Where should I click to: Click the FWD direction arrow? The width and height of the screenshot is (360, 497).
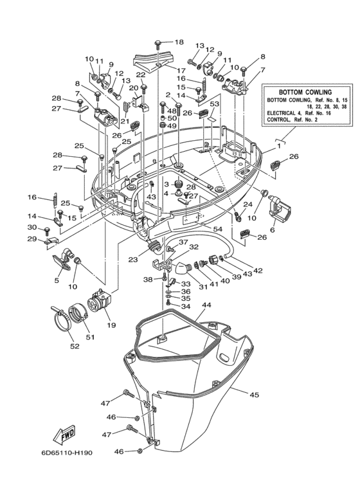click(x=64, y=437)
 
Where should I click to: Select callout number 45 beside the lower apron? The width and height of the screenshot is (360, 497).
click(x=255, y=394)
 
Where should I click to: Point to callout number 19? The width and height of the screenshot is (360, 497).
click(x=112, y=326)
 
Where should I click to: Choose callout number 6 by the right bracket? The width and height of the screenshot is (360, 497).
click(x=273, y=230)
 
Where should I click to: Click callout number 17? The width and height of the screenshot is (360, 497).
click(x=181, y=70)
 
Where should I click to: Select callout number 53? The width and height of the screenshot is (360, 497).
click(x=215, y=104)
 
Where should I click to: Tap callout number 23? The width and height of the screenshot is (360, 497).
click(x=133, y=260)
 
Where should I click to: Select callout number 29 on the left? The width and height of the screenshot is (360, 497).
click(x=32, y=239)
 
